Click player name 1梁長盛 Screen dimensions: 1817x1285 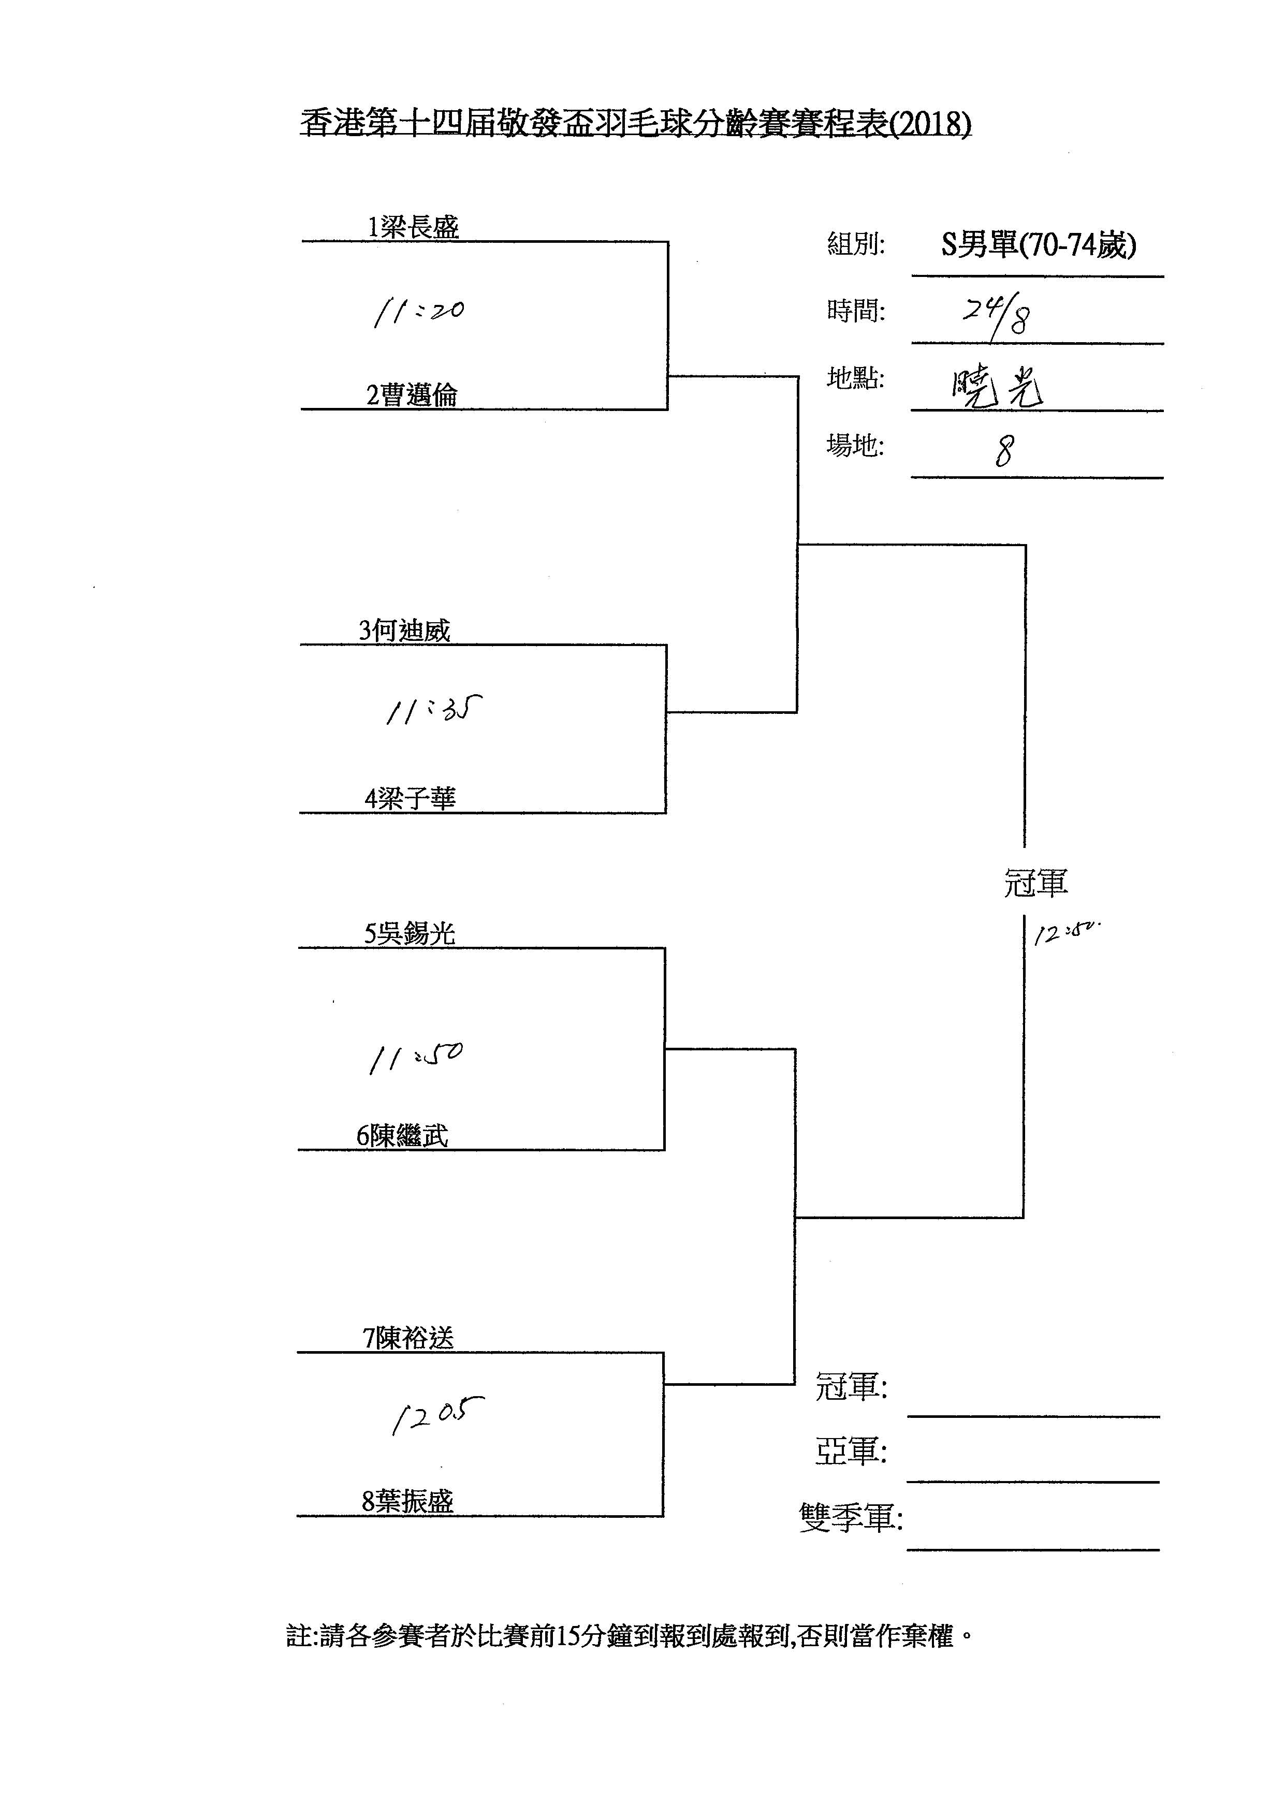(412, 228)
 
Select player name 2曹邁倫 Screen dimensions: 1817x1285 (412, 395)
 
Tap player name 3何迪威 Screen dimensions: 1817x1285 (404, 631)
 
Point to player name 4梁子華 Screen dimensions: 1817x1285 (410, 799)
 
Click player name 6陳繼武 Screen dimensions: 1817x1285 (402, 1136)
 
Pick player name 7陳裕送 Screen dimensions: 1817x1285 (408, 1338)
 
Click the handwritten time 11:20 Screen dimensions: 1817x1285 (418, 311)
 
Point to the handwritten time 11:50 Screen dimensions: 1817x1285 (415, 1057)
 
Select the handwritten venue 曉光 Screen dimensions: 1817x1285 (997, 388)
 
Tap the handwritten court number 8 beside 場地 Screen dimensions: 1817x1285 (1004, 452)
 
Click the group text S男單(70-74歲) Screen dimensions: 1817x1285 (1038, 246)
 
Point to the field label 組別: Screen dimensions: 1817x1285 (855, 244)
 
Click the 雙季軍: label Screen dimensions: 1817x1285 (851, 1518)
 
